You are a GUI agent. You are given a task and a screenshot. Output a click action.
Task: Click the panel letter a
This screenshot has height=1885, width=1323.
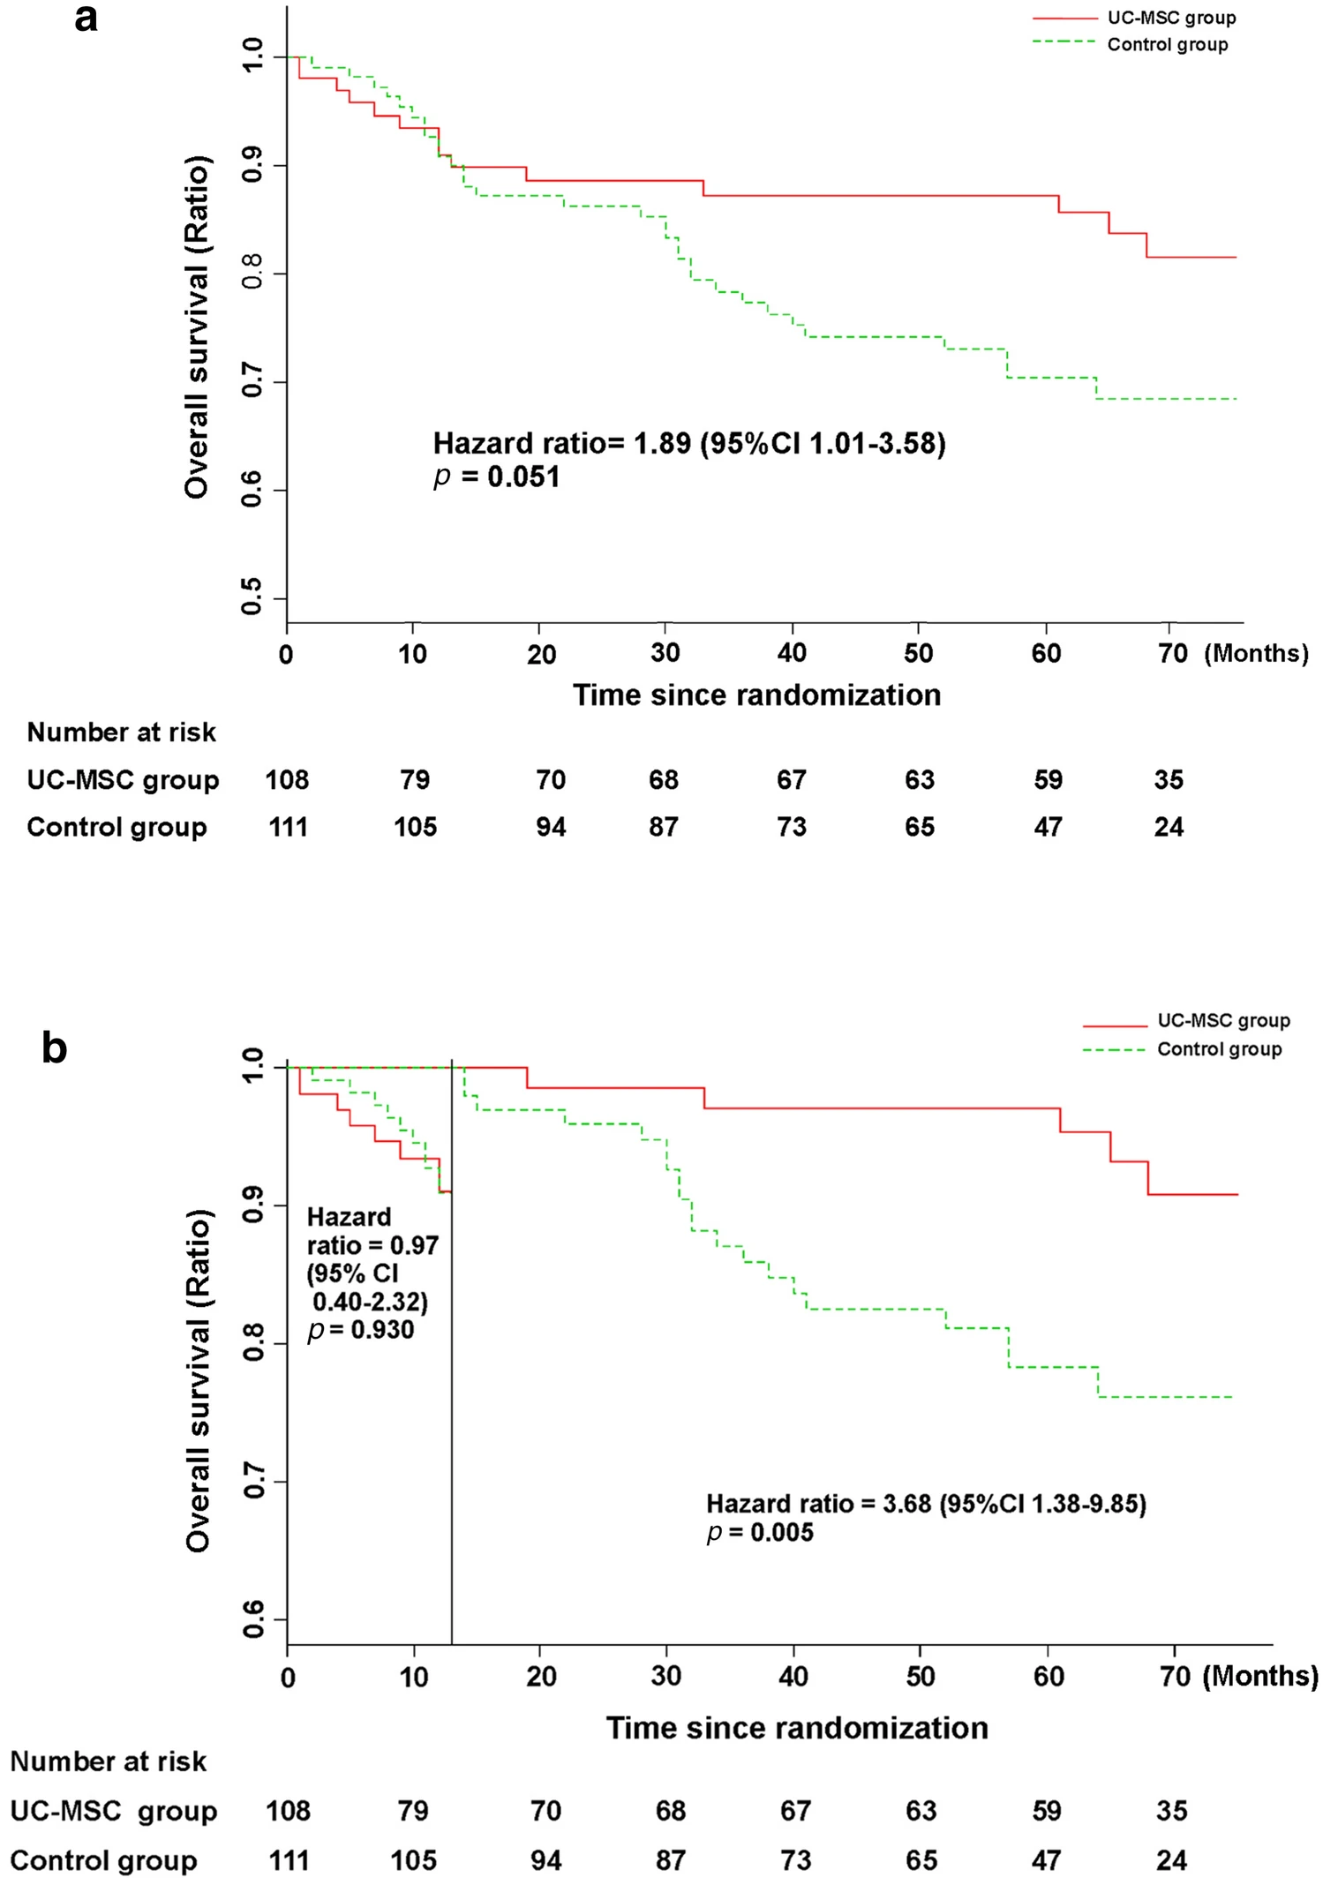point(86,19)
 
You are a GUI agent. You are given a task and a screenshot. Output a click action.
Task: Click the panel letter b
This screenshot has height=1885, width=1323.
point(54,1048)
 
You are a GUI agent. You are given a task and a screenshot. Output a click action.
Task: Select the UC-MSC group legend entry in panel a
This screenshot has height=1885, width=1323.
point(1171,18)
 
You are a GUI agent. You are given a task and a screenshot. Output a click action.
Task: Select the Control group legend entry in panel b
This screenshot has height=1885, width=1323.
point(1219,1049)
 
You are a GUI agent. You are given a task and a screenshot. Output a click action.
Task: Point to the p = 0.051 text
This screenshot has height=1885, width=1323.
point(497,477)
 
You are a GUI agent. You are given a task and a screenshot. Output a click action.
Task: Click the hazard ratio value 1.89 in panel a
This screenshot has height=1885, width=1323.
point(662,443)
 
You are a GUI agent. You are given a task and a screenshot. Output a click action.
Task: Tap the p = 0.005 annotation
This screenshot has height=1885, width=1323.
point(760,1533)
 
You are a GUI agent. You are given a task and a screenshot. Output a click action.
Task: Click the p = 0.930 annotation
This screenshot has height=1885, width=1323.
point(360,1330)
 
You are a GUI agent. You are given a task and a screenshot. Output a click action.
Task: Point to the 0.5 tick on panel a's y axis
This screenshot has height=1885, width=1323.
point(252,597)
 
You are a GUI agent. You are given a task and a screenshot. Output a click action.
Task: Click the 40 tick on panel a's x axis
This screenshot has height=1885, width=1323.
point(792,653)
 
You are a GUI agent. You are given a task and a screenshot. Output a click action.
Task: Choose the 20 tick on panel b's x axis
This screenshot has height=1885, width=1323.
point(541,1677)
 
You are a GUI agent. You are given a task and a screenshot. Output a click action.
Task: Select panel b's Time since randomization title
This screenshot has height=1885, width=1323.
point(797,1728)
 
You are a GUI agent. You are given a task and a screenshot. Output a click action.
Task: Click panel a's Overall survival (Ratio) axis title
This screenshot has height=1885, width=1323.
point(197,327)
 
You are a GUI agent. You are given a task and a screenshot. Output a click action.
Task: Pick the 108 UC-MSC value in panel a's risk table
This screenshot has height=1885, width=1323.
point(287,780)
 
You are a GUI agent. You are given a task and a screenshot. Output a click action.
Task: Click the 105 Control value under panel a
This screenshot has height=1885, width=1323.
point(415,828)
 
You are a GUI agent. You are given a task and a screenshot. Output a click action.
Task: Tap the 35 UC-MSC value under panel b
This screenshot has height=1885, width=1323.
point(1171,1812)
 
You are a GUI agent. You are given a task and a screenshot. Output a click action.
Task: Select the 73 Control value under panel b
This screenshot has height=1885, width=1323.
point(795,1861)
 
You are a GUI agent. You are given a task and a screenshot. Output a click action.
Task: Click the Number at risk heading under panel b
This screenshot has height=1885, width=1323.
point(108,1762)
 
